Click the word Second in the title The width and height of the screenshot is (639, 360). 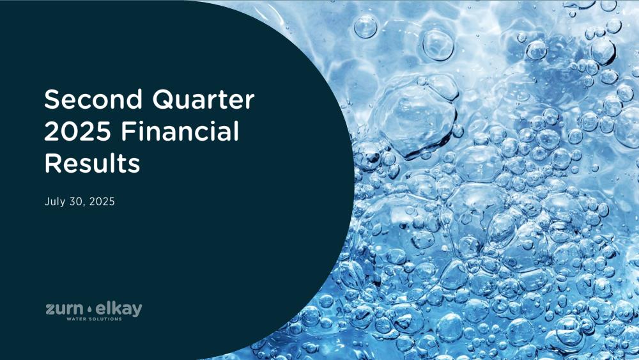click(93, 99)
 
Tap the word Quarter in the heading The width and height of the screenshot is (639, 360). click(203, 99)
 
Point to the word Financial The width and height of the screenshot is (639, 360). click(180, 131)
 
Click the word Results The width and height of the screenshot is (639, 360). click(92, 163)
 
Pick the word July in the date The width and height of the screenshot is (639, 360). click(54, 202)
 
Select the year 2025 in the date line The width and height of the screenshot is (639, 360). click(102, 201)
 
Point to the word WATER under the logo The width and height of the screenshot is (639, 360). click(76, 319)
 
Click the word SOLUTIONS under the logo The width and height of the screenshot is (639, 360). click(104, 319)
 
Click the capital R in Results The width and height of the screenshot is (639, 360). click(52, 163)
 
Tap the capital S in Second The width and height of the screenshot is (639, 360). click(52, 99)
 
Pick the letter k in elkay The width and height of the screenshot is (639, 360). click(116, 308)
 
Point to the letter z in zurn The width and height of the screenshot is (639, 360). click(50, 309)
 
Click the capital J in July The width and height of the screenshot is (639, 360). click(47, 201)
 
